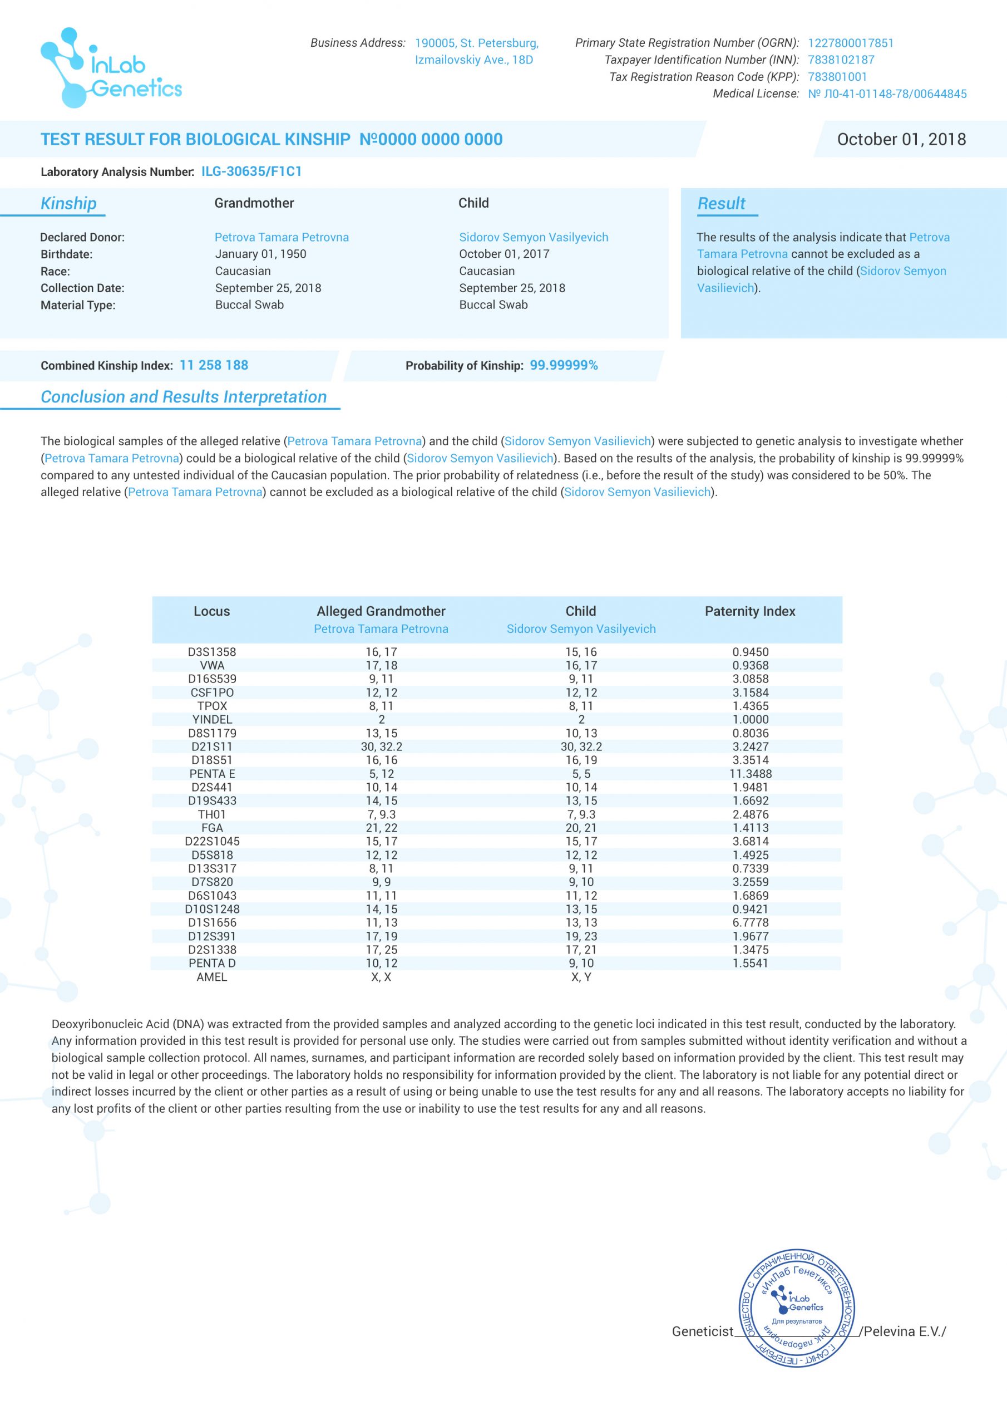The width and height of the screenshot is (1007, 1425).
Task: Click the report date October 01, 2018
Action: click(901, 139)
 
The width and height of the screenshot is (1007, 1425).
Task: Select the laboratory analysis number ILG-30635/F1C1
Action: click(251, 172)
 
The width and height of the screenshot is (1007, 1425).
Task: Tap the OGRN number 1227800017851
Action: click(850, 43)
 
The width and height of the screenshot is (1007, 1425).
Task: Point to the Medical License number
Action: click(887, 94)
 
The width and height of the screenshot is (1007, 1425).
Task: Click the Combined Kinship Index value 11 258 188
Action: click(214, 365)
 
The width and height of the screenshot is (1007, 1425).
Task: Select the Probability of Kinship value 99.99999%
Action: click(564, 365)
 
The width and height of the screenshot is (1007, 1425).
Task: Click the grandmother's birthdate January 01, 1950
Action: click(260, 254)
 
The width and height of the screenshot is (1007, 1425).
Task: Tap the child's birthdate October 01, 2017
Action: click(504, 254)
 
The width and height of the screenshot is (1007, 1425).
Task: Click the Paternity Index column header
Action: click(749, 611)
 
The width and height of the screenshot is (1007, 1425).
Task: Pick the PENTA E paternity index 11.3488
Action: click(750, 774)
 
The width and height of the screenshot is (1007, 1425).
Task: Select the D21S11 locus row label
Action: click(211, 746)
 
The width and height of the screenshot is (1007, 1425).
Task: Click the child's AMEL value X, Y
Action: click(581, 977)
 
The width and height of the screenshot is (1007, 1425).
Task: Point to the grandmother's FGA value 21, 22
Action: click(381, 828)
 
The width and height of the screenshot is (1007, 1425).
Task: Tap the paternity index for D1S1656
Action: click(750, 923)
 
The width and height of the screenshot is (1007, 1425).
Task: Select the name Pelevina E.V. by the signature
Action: click(904, 1331)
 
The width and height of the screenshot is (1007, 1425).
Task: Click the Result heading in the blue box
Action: click(721, 204)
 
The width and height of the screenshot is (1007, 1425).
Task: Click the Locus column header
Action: click(211, 611)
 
